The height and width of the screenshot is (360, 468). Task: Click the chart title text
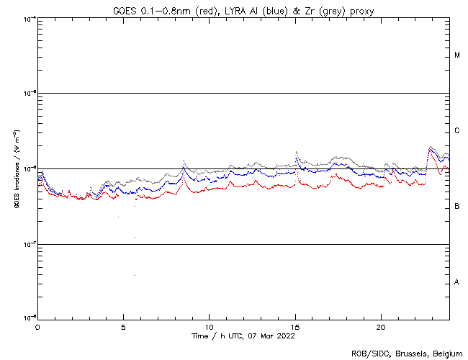pos(243,11)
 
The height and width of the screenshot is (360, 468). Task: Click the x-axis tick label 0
pos(37,327)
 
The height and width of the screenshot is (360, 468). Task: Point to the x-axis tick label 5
pos(123,327)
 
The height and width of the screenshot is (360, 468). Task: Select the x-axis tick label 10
pos(209,327)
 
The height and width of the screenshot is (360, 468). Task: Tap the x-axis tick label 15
pos(295,327)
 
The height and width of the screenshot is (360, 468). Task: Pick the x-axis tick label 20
pos(381,327)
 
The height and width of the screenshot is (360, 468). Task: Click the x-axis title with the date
pos(243,336)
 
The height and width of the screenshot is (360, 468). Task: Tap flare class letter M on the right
pos(457,55)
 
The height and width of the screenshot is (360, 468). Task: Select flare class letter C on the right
pos(457,131)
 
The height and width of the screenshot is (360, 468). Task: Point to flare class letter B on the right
pos(457,207)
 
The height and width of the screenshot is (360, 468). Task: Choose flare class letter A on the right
pos(457,282)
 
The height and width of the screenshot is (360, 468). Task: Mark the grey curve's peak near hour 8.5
pos(184,161)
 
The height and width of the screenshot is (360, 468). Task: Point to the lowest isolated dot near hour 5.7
pos(135,274)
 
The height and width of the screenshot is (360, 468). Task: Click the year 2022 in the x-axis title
pos(286,336)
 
